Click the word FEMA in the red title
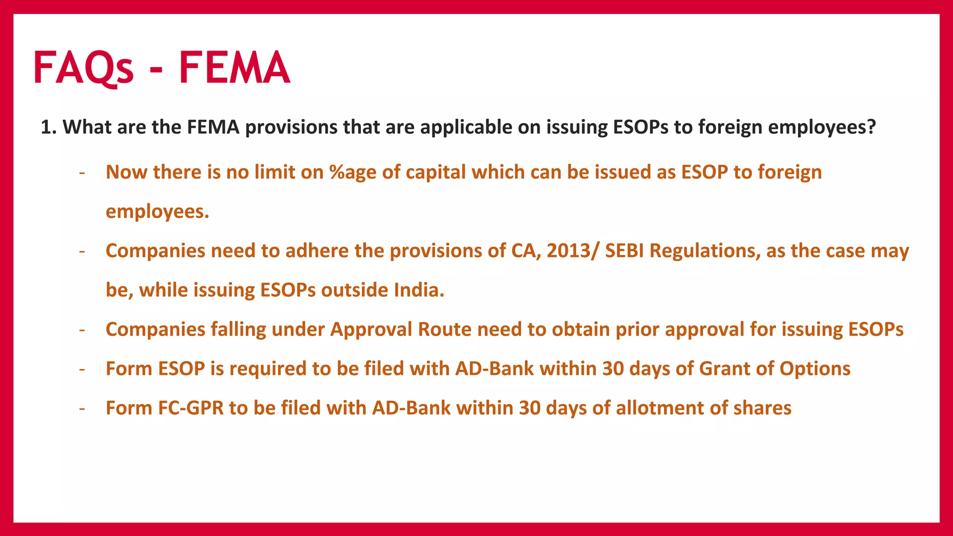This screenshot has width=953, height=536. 235,68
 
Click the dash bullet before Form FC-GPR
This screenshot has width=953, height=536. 82,409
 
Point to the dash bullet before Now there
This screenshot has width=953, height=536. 82,173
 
